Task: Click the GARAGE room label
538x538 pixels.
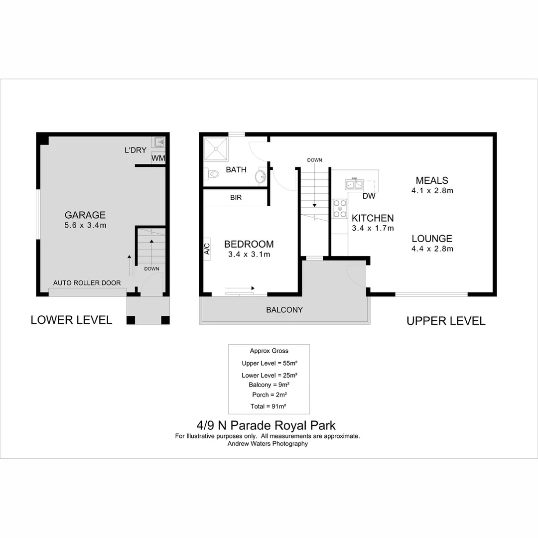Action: (85, 215)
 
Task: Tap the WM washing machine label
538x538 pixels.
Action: (158, 158)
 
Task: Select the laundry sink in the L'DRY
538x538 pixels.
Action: (159, 142)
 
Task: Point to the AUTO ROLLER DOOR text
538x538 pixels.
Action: (87, 283)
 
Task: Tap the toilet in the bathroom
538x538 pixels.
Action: (212, 174)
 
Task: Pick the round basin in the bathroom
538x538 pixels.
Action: (260, 176)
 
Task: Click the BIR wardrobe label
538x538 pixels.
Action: (236, 198)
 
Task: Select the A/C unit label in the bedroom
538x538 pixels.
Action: (207, 247)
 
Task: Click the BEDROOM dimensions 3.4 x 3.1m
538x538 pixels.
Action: (249, 255)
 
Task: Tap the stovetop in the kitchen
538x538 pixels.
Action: (340, 209)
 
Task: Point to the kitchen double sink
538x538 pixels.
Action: (355, 184)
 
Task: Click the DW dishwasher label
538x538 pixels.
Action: (369, 196)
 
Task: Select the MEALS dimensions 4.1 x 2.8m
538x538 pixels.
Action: (432, 190)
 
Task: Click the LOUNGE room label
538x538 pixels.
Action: (432, 239)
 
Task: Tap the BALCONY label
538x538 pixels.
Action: (284, 310)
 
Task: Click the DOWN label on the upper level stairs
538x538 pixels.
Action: (314, 160)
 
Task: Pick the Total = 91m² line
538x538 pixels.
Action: (268, 406)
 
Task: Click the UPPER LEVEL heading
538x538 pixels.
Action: (446, 321)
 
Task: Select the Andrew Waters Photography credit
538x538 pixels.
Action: (268, 443)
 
